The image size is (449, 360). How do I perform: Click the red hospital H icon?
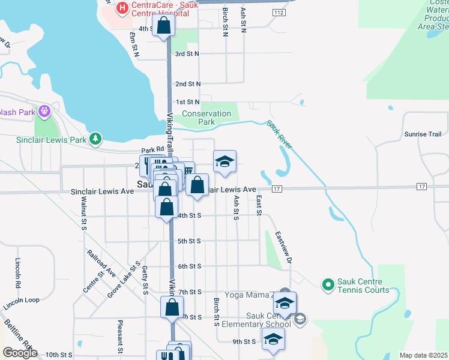tap(122, 8)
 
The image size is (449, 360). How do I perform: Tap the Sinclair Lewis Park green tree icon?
tap(95, 139)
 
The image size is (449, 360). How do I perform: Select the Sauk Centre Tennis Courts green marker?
tap(328, 284)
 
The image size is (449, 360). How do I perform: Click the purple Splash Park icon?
tap(44, 112)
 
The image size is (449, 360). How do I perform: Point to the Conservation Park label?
tap(206, 118)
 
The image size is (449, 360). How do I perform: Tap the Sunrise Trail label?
tap(423, 134)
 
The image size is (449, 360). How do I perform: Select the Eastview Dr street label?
tap(283, 248)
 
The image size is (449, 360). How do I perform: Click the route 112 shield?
tap(278, 13)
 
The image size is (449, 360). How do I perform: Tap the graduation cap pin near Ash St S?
tap(224, 161)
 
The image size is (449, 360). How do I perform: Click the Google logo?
tap(20, 353)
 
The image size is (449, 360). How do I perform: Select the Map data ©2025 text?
tap(424, 355)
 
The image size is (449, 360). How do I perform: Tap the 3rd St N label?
tap(187, 53)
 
